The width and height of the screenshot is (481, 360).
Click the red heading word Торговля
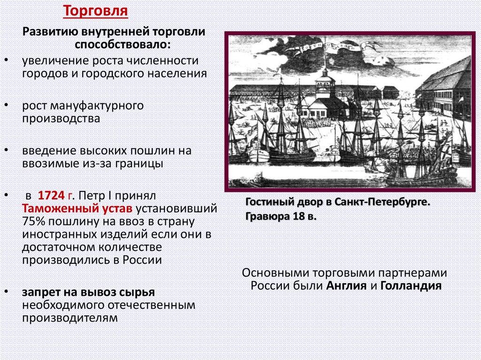pyautogui.click(x=96, y=11)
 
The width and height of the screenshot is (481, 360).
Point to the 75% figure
pyautogui.click(x=33, y=221)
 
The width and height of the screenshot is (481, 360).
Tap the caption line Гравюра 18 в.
pyautogui.click(x=280, y=217)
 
